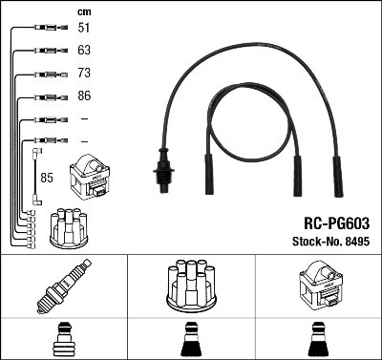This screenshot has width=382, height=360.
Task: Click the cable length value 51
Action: (84, 29)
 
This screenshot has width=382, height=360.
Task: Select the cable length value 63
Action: (84, 51)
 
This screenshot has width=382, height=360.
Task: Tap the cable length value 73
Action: (84, 74)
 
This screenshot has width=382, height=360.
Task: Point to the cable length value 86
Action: (84, 96)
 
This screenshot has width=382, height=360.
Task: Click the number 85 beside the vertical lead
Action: (46, 177)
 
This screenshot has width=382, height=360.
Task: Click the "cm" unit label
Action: (83, 11)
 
